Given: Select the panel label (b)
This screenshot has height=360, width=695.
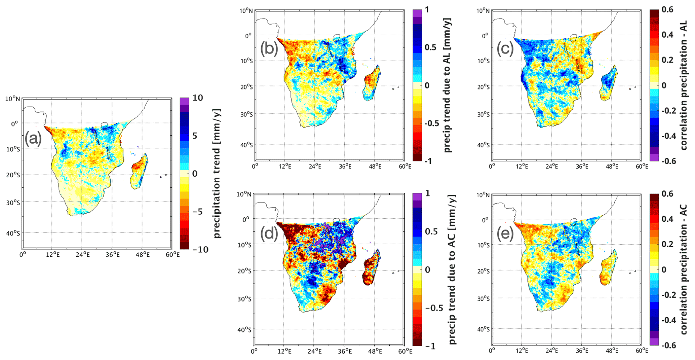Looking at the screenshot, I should (269, 49).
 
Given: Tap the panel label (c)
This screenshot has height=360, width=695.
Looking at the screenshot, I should (505, 49).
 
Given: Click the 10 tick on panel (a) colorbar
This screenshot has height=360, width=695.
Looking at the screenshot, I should (198, 98).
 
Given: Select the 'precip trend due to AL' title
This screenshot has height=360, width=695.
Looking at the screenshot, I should (447, 85).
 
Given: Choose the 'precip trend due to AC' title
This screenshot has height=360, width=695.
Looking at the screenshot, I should (452, 269).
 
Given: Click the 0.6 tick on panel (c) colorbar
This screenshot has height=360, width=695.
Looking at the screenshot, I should (667, 9).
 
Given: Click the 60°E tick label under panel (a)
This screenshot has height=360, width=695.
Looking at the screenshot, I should (172, 255).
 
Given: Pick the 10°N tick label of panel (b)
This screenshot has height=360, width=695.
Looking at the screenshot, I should (246, 11).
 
